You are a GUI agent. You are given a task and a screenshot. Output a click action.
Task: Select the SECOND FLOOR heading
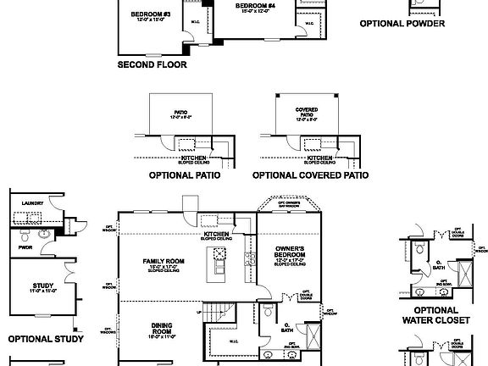pyautogui.click(x=152, y=64)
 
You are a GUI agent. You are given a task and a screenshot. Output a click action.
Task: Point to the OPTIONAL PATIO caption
pyautogui.click(x=184, y=176)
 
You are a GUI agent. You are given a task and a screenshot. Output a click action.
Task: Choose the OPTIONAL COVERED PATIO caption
pyautogui.click(x=311, y=176)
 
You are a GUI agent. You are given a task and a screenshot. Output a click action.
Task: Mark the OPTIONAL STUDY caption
pyautogui.click(x=45, y=339)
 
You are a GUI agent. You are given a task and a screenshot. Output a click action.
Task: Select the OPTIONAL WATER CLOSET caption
pyautogui.click(x=438, y=316)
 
